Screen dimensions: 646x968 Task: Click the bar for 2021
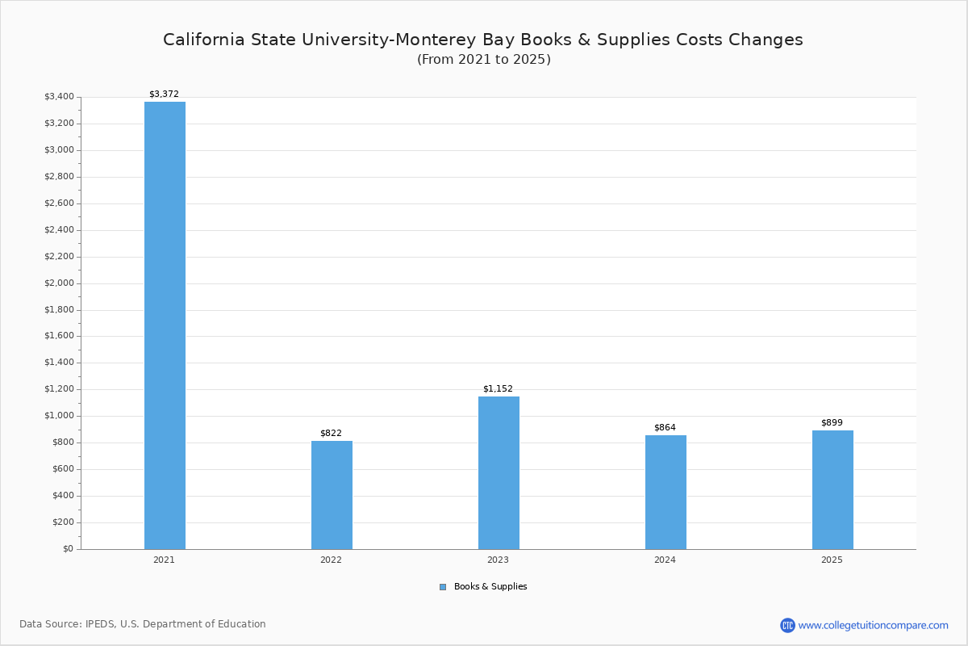[x=165, y=325]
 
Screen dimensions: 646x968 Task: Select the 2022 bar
[x=332, y=495]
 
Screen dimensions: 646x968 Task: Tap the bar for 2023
[x=499, y=472]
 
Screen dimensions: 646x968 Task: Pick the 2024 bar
[x=665, y=492]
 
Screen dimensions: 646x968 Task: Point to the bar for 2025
[x=832, y=489]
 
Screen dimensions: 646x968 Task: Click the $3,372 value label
[x=164, y=94]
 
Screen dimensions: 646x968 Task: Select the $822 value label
[x=331, y=433]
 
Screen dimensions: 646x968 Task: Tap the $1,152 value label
[x=498, y=388]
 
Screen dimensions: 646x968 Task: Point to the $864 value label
[x=665, y=427]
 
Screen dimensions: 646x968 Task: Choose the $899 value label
[x=832, y=422]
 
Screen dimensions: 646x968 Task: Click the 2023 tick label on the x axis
[x=498, y=560]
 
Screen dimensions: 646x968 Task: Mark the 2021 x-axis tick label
[x=164, y=560]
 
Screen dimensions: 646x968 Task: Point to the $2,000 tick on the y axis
[x=58, y=283]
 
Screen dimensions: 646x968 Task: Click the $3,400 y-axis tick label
[x=58, y=97]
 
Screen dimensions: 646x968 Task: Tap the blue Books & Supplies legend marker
[x=443, y=587]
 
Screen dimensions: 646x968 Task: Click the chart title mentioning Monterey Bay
[x=483, y=40]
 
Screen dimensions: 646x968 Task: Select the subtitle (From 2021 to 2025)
[x=483, y=60]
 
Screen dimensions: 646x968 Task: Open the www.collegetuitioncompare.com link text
[x=873, y=625]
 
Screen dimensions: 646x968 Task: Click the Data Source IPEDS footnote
[x=143, y=624]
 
